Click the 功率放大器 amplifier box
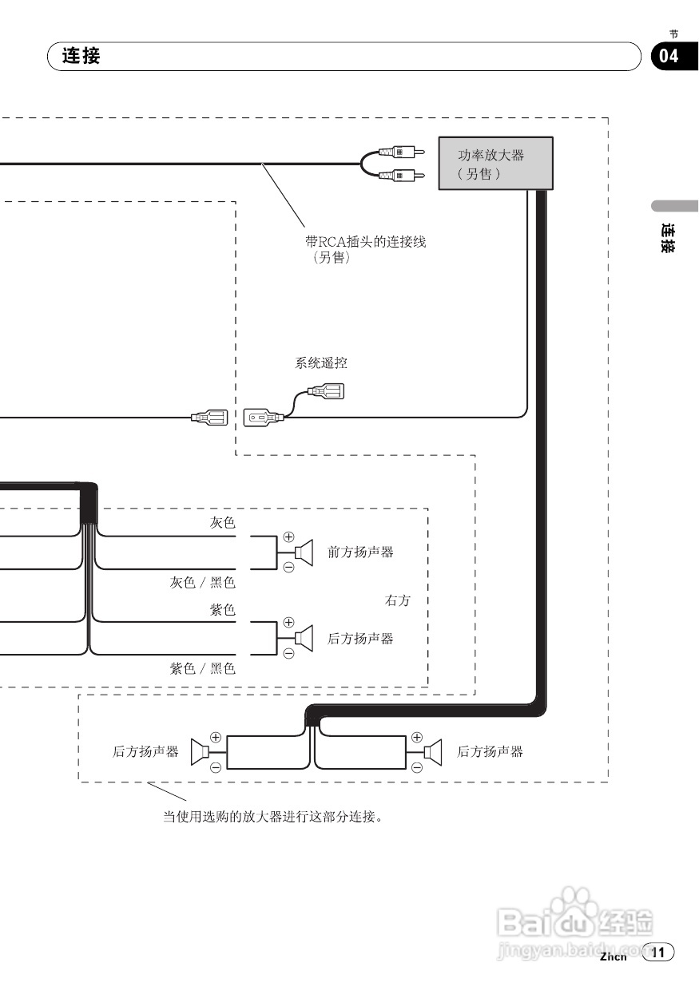click(x=495, y=163)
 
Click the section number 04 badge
click(x=669, y=56)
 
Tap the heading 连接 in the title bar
click(x=81, y=57)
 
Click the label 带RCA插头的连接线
click(x=365, y=241)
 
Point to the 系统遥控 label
click(x=321, y=363)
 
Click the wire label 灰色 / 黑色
click(x=202, y=583)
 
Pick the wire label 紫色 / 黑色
click(x=202, y=668)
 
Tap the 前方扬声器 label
click(x=360, y=552)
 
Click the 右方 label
click(x=397, y=600)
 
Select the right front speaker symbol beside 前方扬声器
click(x=303, y=552)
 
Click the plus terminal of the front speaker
click(x=288, y=537)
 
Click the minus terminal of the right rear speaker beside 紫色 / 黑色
click(x=288, y=652)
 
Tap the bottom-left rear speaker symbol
click(x=200, y=751)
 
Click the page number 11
click(x=658, y=952)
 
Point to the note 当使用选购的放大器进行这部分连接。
click(x=273, y=817)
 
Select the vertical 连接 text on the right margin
click(x=669, y=238)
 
